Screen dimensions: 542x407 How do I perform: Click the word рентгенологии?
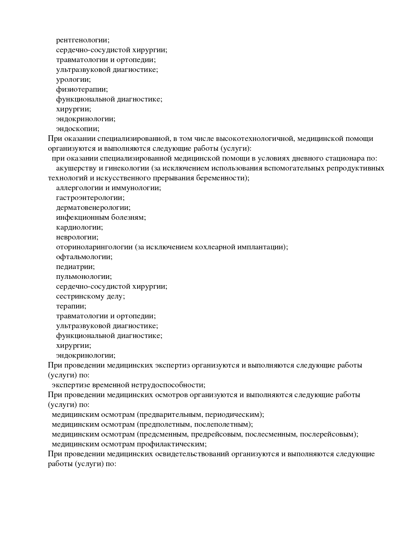83,40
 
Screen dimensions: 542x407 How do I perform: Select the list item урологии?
73,79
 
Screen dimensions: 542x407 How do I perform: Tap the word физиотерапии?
82,89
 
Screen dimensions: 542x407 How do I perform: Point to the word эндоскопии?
77,129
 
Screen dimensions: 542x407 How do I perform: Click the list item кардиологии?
79,227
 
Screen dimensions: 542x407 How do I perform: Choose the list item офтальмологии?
84,257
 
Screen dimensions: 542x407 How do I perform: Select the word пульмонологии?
84,277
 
